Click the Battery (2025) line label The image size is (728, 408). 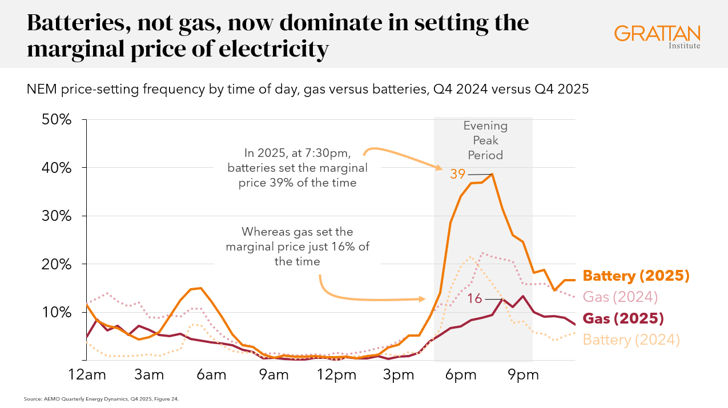pos(636,276)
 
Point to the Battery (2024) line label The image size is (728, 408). pos(631,340)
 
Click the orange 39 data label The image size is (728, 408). pos(457,174)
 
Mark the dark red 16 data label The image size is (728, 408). pos(475,299)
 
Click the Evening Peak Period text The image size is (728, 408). pos(485,140)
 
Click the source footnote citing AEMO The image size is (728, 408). pos(102,399)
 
